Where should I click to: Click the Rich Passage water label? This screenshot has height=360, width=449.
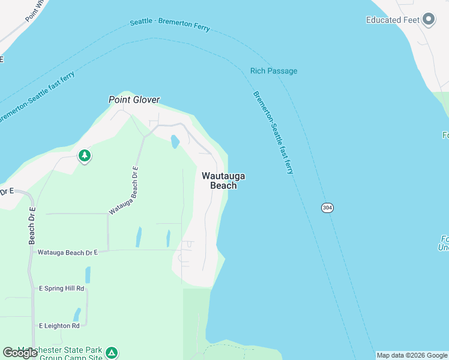(274, 71)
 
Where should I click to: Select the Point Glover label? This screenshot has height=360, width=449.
(134, 100)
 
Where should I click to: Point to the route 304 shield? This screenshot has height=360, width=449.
(327, 208)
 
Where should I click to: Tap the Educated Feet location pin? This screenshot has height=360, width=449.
(429, 20)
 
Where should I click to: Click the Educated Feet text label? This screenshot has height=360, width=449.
(392, 20)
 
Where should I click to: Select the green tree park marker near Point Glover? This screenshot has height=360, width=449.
(85, 156)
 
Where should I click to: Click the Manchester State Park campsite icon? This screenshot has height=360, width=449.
(112, 353)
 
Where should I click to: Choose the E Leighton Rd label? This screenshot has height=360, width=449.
(59, 326)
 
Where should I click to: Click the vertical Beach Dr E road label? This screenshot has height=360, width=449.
(32, 226)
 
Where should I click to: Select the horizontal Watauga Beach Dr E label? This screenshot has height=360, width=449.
(67, 253)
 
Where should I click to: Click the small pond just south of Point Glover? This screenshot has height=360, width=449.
(175, 142)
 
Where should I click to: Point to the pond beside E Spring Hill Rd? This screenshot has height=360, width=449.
(88, 275)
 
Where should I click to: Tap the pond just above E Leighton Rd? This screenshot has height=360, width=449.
(77, 314)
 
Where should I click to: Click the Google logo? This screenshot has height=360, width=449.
(20, 353)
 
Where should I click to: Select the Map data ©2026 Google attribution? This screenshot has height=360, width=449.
(412, 355)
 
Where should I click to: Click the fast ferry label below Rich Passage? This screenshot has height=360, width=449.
(273, 132)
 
